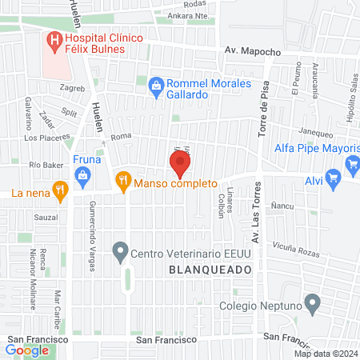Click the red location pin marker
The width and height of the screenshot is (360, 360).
tap(180, 164)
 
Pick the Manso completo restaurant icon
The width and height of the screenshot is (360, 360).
tap(122, 182)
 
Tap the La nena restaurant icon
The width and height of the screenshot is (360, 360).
tap(58, 190)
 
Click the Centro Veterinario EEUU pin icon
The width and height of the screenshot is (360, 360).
tap(121, 254)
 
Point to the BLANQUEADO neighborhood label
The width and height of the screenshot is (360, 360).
tap(206, 270)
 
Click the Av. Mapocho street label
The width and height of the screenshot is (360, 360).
tap(252, 51)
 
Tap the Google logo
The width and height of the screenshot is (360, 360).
tap(27, 350)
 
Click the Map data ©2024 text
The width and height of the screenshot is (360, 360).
tap(326, 354)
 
